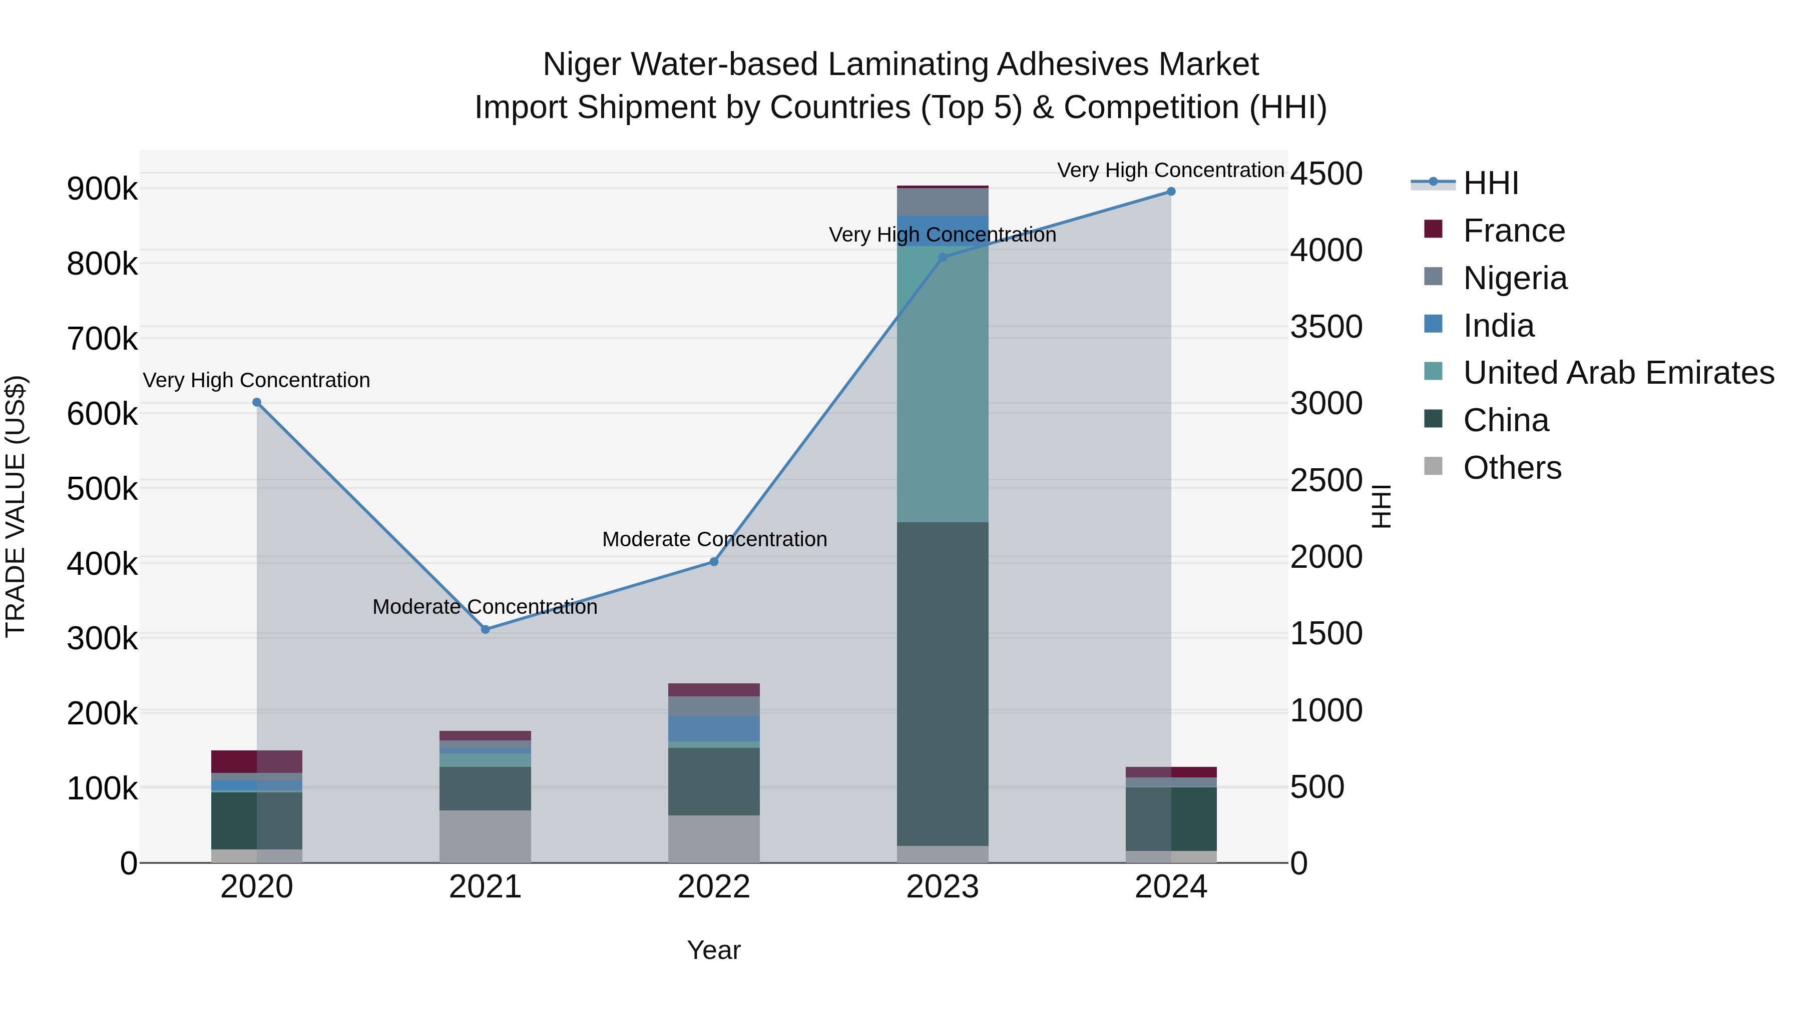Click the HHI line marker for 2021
(x=486, y=629)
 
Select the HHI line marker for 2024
(x=1171, y=192)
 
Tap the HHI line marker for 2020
(x=257, y=402)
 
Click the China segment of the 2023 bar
(x=942, y=684)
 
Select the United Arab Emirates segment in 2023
(x=942, y=385)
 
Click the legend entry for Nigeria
(x=1515, y=278)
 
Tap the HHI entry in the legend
(x=1490, y=183)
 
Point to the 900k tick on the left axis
(x=102, y=189)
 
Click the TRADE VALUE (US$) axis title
(x=16, y=506)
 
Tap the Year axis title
(x=713, y=950)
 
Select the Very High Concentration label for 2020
(x=257, y=380)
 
